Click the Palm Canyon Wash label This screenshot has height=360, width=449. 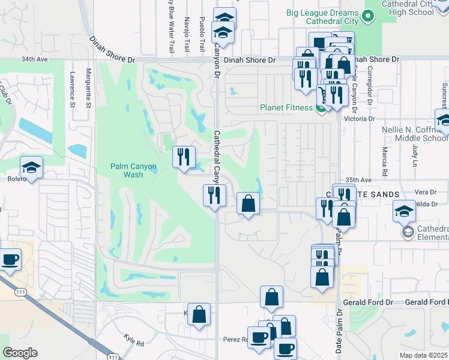click(x=127, y=170)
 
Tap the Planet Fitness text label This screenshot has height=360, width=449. click(x=286, y=108)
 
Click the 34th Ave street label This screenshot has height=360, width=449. click(x=34, y=60)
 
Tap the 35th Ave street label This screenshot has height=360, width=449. click(x=359, y=179)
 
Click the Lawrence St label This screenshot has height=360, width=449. click(x=71, y=90)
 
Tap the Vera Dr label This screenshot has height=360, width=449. click(x=425, y=191)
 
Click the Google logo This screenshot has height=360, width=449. click(x=20, y=353)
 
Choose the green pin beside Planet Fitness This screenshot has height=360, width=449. click(x=322, y=108)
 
